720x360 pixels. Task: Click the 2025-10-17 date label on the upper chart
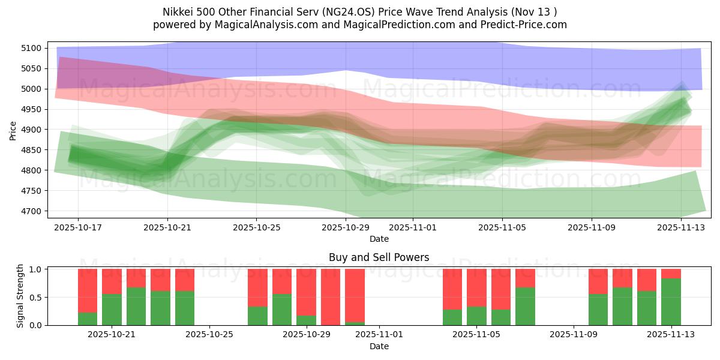(78, 227)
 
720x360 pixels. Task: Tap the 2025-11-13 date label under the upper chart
(681, 227)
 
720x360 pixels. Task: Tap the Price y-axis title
(13, 130)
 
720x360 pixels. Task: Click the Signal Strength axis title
(20, 296)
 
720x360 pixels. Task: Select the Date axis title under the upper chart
(379, 239)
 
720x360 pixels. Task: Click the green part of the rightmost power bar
(671, 302)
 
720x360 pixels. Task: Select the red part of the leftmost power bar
(88, 290)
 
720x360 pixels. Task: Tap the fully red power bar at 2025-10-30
(331, 297)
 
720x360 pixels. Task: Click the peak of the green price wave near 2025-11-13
(681, 88)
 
